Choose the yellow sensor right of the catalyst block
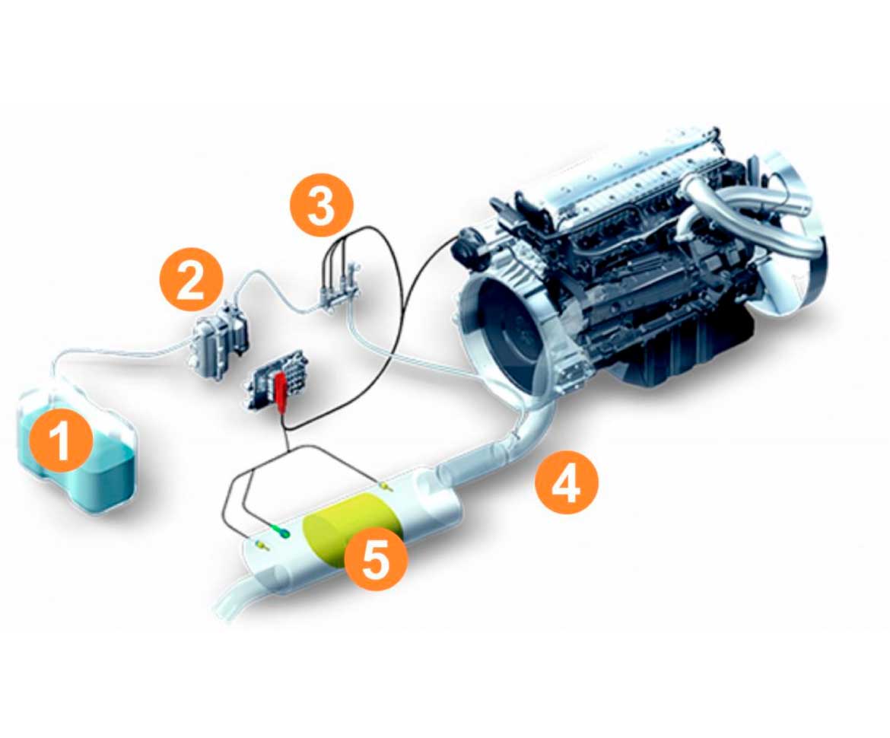(x=386, y=486)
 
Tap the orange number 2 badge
(x=190, y=279)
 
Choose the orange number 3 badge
(x=322, y=205)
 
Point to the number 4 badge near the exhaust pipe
(x=567, y=484)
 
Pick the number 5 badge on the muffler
(x=376, y=558)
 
